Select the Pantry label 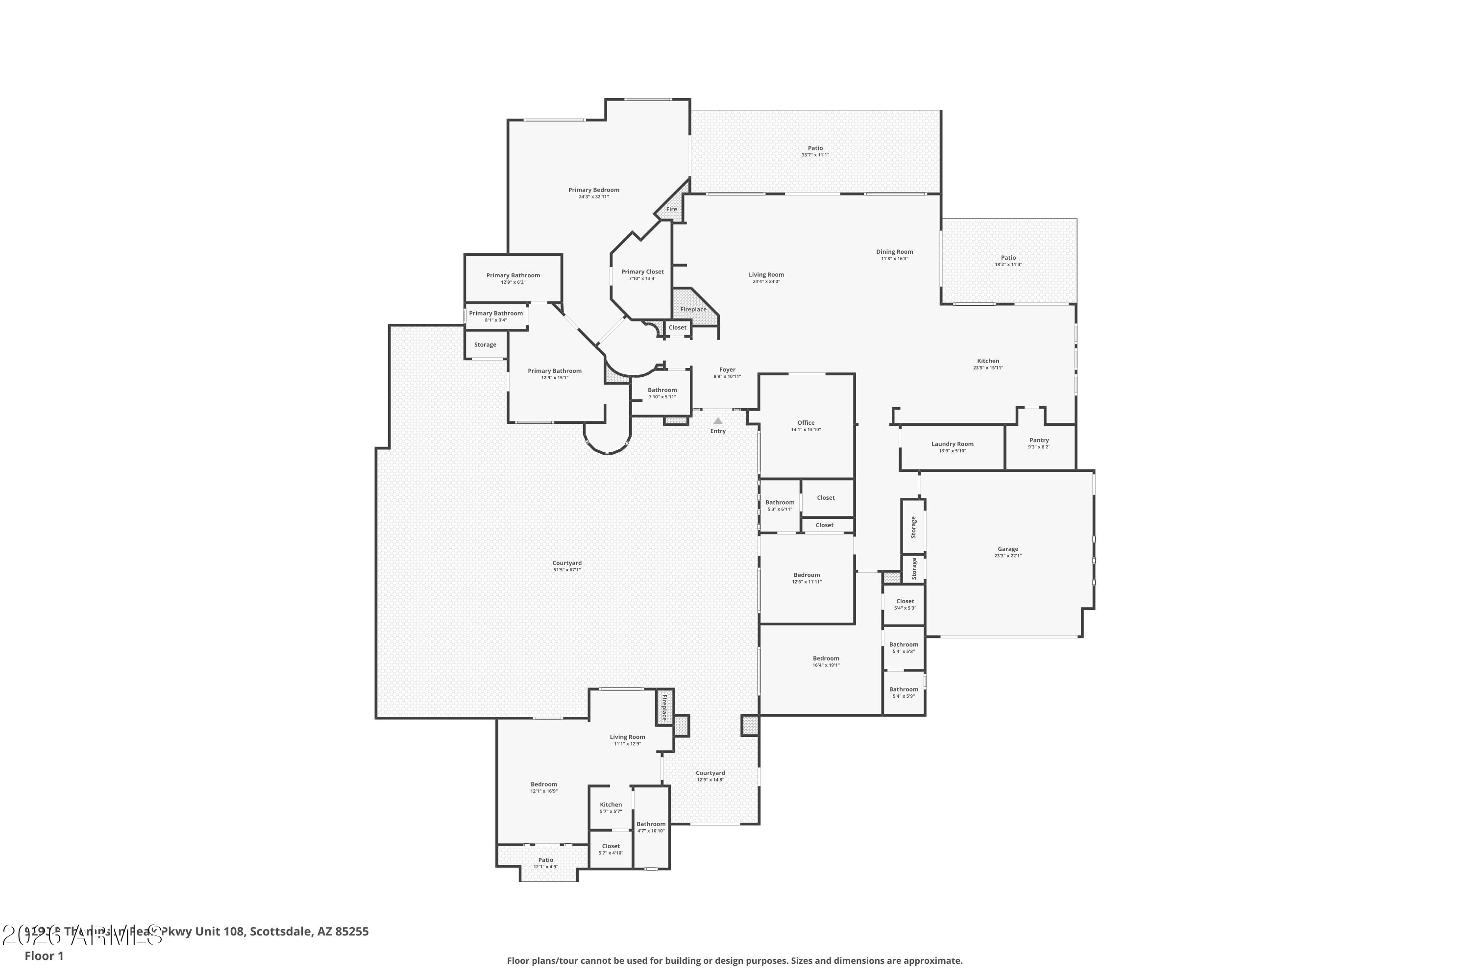pos(1039,441)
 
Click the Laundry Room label pos(952,444)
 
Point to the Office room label pos(806,423)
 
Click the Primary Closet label pos(642,272)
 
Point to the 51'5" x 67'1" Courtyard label pos(567,563)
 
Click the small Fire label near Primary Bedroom pos(671,209)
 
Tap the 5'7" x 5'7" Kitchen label pos(611,805)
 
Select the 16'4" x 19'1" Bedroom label pos(826,658)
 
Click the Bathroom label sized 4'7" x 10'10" pos(651,824)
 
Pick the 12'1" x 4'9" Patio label pos(546,860)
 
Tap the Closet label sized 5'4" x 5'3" pos(905,601)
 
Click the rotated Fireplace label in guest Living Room pos(664,708)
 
